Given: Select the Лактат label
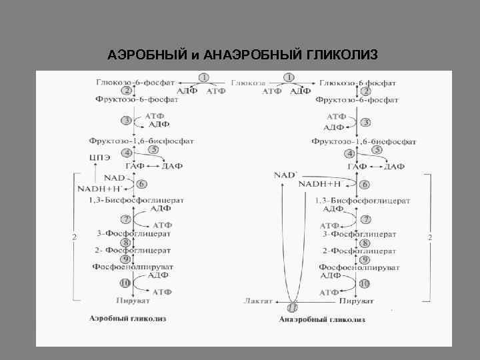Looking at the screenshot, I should (x=259, y=301).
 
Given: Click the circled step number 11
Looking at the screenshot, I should (x=291, y=308).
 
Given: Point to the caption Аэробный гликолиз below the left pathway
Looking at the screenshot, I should (x=128, y=319).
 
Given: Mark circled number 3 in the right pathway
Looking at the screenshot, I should (x=365, y=123).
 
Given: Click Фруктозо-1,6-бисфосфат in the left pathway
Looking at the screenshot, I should (x=141, y=141).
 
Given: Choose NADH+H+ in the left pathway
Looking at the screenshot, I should (x=106, y=189).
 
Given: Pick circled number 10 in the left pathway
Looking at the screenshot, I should (x=125, y=283).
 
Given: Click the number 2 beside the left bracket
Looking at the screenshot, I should (x=75, y=237).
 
